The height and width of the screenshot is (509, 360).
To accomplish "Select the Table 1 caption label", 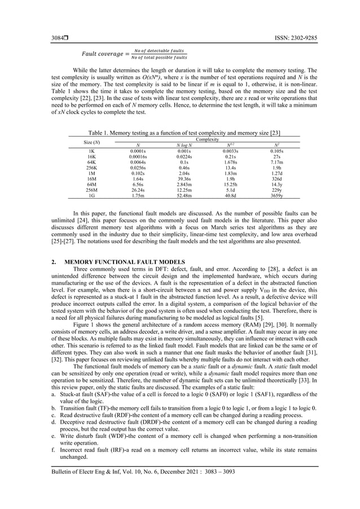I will click(94, 132).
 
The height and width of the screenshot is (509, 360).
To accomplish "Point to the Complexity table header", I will click(205, 138).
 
